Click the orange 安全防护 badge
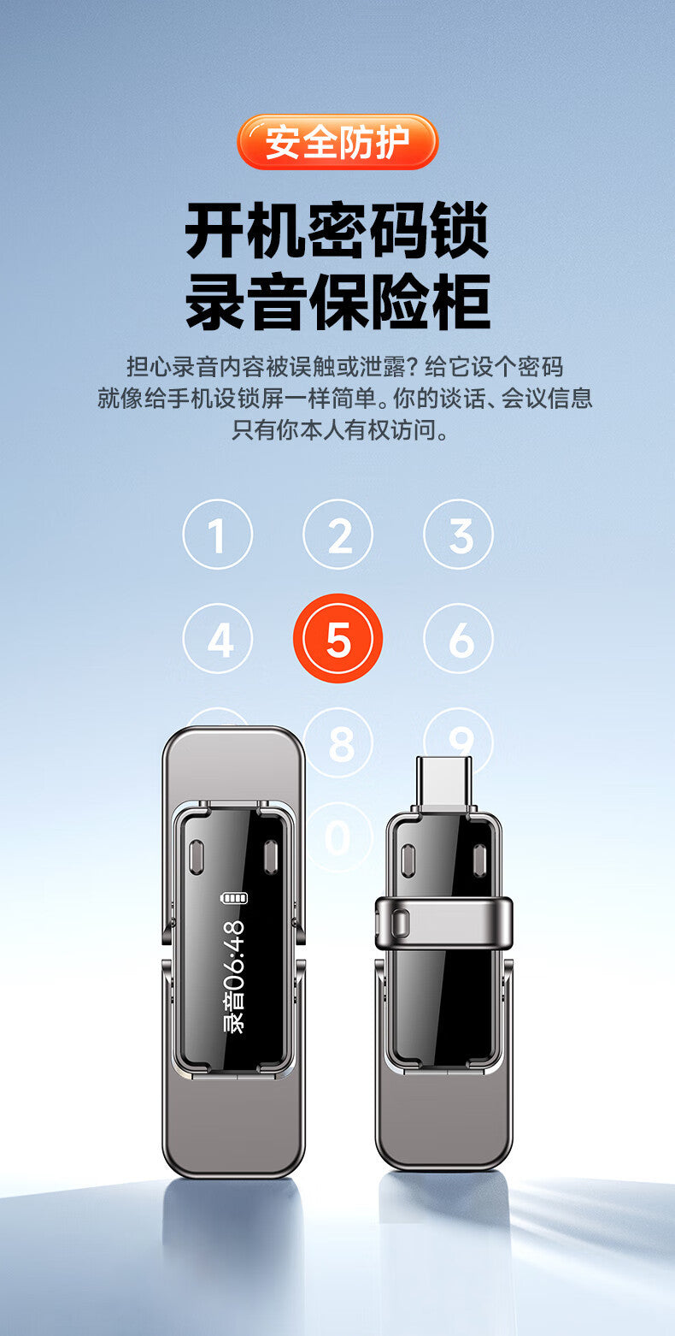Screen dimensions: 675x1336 [x=337, y=142]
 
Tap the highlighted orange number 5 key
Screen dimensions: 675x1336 [x=337, y=638]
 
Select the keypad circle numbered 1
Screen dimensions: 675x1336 [x=218, y=535]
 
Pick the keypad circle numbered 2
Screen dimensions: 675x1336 [x=337, y=535]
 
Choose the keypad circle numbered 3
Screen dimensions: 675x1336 [x=459, y=535]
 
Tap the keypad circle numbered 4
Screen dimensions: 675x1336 [x=218, y=639]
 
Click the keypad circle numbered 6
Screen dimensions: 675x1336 [x=459, y=639]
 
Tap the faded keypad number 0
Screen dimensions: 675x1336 [x=337, y=837]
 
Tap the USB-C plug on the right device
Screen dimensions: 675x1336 [x=443, y=780]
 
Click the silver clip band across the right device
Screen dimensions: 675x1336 [x=443, y=923]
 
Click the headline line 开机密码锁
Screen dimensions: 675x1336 [x=337, y=229]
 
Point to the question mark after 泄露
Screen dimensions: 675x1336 [x=413, y=367]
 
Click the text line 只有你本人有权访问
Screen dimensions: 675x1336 [x=337, y=429]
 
